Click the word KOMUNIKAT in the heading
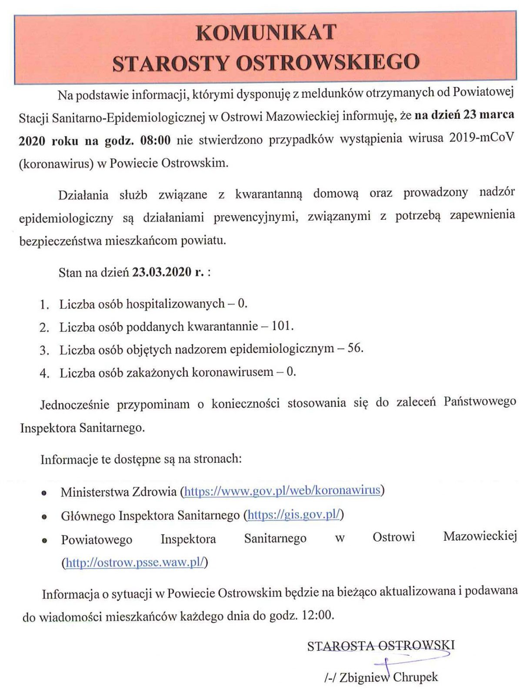pos(266,33)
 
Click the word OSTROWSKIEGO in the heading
pos(327,63)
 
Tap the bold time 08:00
pos(155,141)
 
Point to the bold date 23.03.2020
pos(162,272)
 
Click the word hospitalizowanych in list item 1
pos(175,304)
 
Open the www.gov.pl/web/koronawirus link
pos(283,491)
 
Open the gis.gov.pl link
pos(293,515)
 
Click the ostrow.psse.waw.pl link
pos(135,562)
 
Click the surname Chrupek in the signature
pos(415,677)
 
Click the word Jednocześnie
pos(74,405)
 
